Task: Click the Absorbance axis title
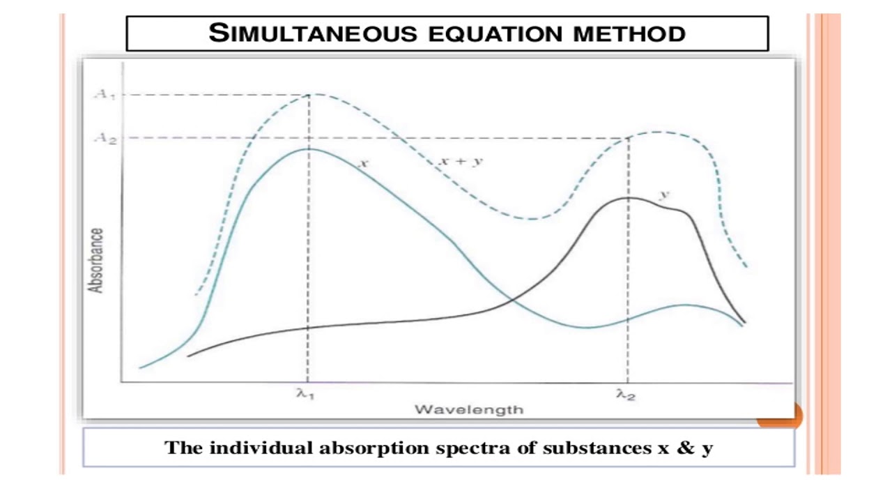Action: pyautogui.click(x=96, y=261)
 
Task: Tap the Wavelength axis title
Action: pyautogui.click(x=468, y=409)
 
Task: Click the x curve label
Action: pyautogui.click(x=363, y=163)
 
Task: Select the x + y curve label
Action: pyautogui.click(x=461, y=161)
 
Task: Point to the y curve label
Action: pyautogui.click(x=664, y=194)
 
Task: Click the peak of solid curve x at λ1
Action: pyautogui.click(x=309, y=149)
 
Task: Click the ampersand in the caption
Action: pyautogui.click(x=684, y=448)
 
